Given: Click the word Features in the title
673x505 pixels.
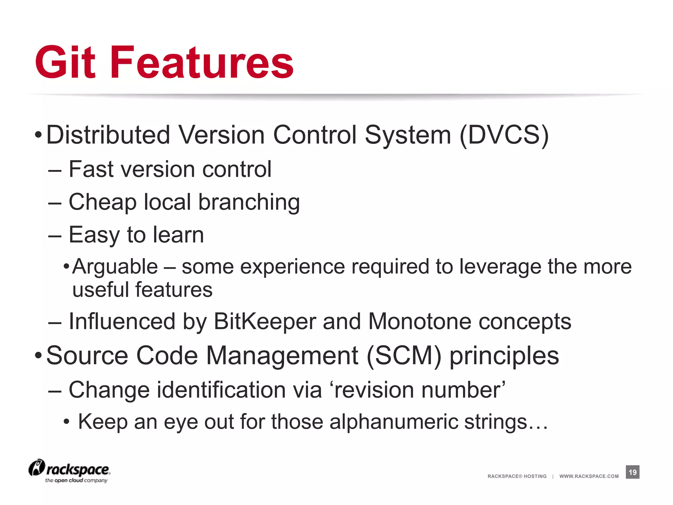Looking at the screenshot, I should click(202, 62).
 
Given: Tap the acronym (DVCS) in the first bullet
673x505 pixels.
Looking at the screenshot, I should click(504, 135).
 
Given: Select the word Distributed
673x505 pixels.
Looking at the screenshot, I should click(108, 135).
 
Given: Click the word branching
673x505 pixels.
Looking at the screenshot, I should click(249, 202).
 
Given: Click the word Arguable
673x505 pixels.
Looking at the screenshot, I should click(115, 266).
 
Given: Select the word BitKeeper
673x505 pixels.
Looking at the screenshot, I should click(265, 321).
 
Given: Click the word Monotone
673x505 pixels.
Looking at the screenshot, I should click(420, 321).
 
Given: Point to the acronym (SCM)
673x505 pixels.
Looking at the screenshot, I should click(404, 356).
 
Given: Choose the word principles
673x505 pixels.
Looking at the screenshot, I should click(504, 356).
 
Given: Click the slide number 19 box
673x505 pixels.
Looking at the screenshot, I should click(632, 472).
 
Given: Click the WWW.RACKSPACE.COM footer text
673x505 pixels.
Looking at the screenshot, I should click(589, 476).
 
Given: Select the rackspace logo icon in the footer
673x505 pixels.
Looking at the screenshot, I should click(36, 468).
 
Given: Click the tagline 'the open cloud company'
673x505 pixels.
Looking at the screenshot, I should click(76, 480).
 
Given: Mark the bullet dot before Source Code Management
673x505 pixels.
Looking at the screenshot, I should click(38, 356).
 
